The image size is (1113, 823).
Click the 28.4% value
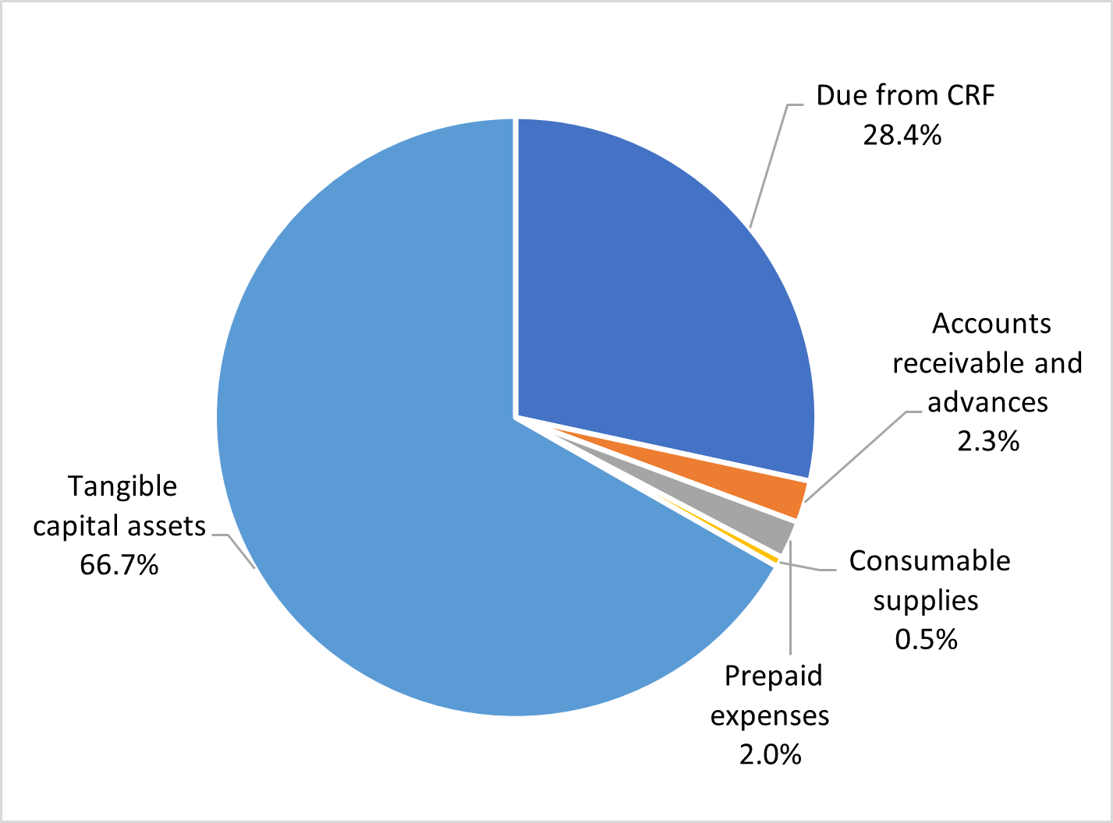pos(902,135)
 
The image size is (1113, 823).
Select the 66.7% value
pos(119,565)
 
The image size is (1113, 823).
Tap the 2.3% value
pos(988,442)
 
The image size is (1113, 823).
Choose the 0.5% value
pos(926,640)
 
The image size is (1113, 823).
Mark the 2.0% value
pos(770,754)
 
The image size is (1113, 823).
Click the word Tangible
pos(122,486)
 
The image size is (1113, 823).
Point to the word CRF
pos(971,95)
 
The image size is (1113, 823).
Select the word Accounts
pos(991,323)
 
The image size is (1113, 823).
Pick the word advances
pos(987,402)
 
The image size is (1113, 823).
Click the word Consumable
pos(929,560)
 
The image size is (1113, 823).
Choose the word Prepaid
pos(773,676)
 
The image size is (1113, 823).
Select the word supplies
pos(926,600)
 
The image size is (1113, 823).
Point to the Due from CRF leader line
pos(768,164)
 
